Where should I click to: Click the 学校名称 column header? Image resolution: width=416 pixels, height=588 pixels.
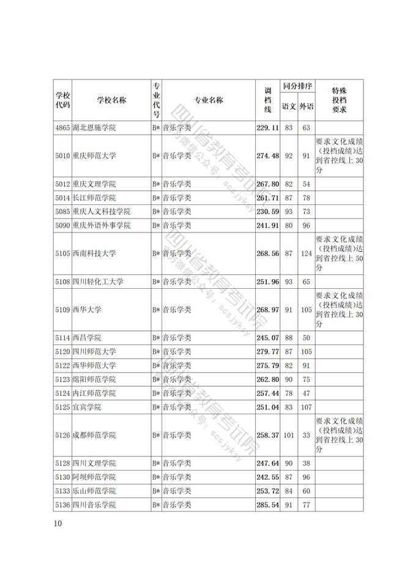[111, 100]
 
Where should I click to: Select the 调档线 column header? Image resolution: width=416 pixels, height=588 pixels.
[267, 100]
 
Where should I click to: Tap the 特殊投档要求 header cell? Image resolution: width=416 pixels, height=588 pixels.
[339, 100]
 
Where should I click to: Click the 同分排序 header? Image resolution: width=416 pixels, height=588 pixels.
[297, 86]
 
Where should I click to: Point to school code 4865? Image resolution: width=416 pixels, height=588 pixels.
[62, 128]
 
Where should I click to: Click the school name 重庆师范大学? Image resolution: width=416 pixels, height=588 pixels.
[94, 156]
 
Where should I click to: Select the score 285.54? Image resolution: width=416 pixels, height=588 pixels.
[267, 505]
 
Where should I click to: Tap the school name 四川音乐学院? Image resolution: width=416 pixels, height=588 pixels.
[94, 505]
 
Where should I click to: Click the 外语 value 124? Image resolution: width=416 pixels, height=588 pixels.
[306, 253]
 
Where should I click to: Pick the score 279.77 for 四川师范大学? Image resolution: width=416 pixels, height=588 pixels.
[267, 351]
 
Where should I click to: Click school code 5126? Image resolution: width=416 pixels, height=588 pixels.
[62, 435]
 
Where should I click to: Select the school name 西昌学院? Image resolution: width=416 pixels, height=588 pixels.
[86, 338]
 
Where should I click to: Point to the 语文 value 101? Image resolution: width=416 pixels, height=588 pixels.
[289, 435]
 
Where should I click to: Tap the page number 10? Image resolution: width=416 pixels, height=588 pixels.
[58, 523]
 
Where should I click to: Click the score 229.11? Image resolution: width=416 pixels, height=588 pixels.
[267, 128]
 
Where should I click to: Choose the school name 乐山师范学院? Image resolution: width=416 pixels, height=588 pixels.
[94, 491]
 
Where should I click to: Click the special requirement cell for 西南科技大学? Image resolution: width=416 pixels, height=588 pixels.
[339, 253]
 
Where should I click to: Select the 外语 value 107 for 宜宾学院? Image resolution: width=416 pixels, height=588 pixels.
[306, 407]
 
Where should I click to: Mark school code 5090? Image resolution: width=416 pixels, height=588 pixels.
[62, 225]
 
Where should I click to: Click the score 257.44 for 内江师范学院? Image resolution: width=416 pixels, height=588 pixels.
[267, 393]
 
